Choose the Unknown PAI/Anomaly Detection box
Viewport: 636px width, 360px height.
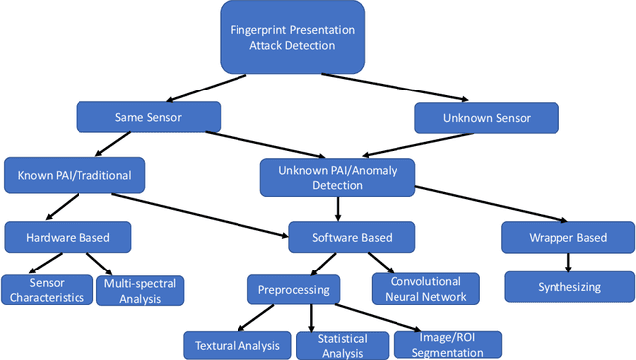tap(339, 176)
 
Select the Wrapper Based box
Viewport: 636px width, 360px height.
tap(566, 238)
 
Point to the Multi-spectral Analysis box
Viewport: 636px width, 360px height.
tap(139, 289)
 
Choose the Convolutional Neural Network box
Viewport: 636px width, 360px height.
tap(425, 288)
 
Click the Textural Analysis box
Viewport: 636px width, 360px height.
tap(232, 344)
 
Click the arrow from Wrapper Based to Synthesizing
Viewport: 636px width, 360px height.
tap(567, 263)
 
